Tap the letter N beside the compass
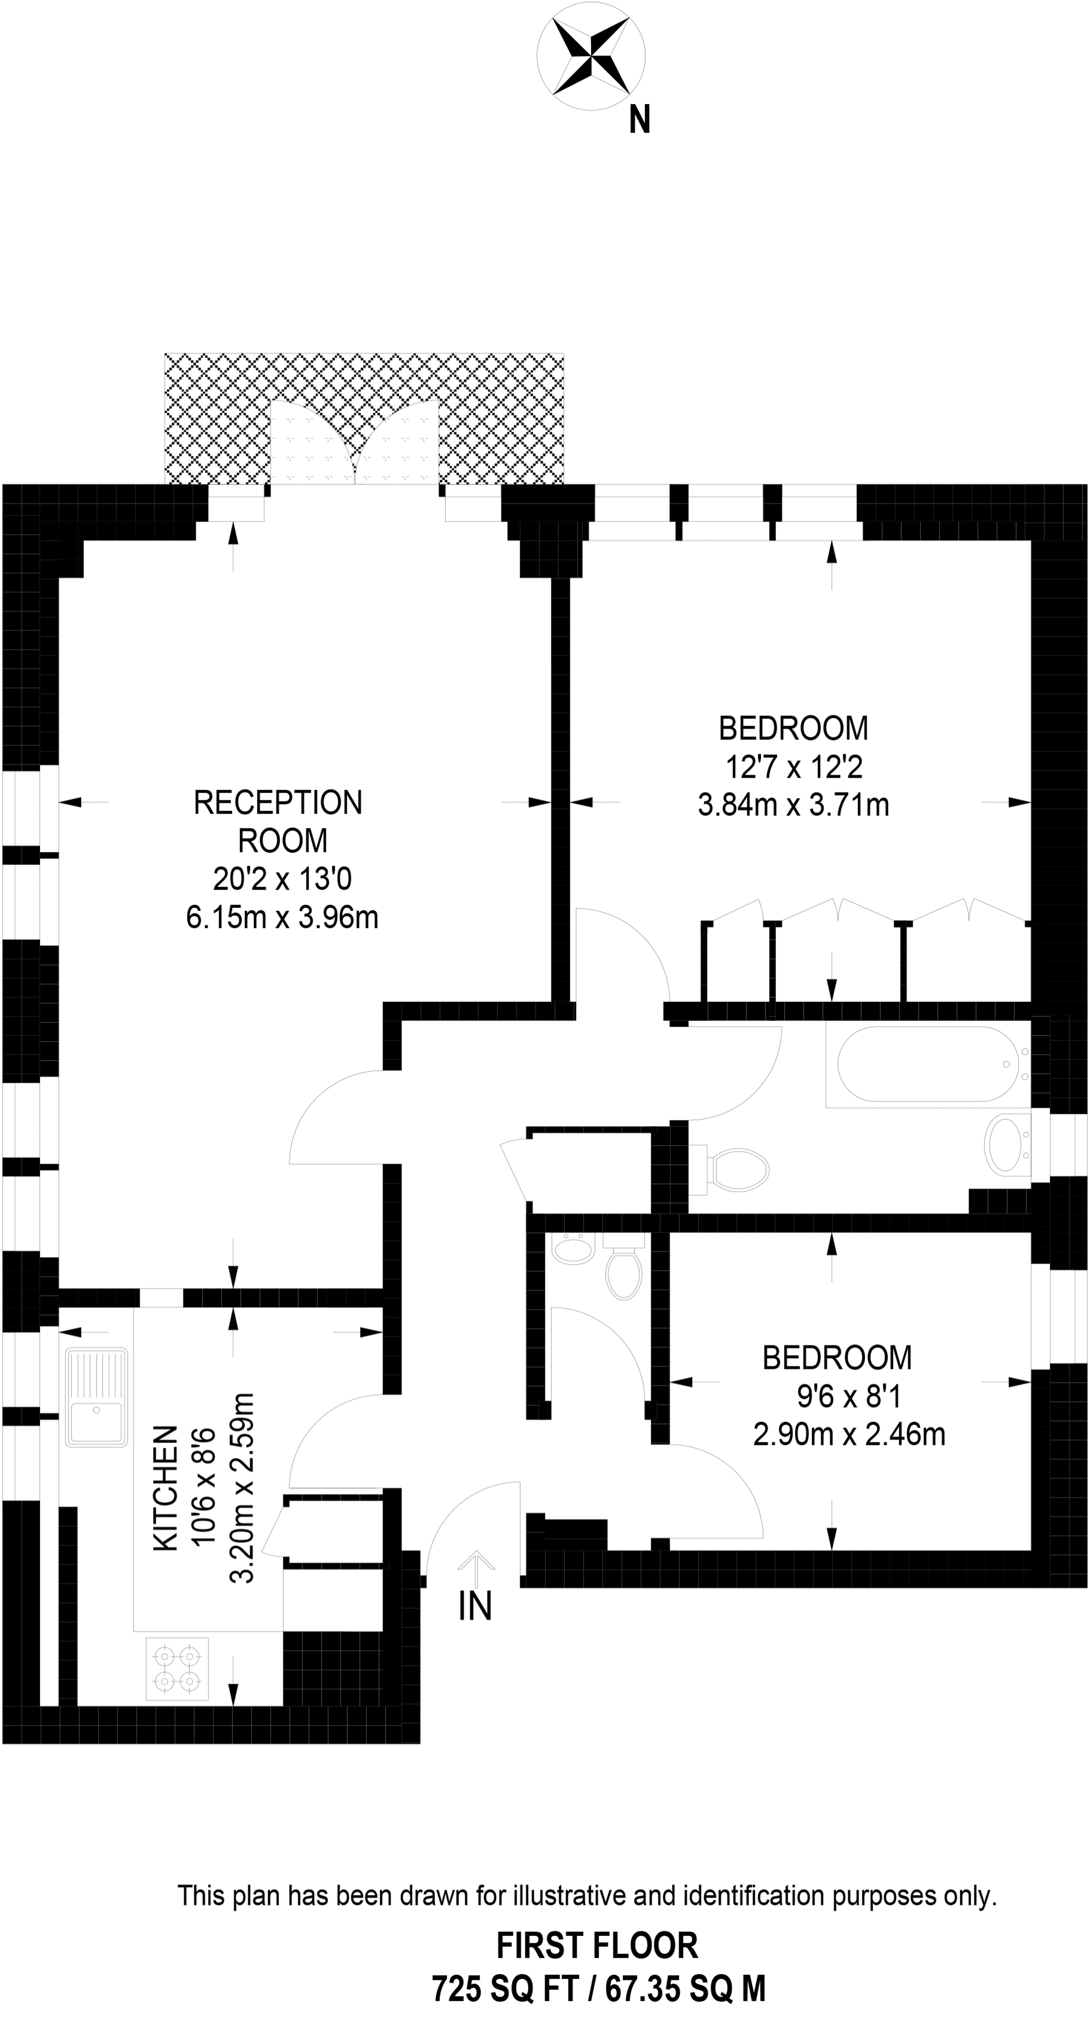click(x=639, y=120)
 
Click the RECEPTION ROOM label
click(x=279, y=821)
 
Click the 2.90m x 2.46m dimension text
click(x=849, y=1434)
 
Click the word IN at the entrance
click(x=475, y=1606)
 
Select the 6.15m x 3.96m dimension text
click(x=282, y=917)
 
